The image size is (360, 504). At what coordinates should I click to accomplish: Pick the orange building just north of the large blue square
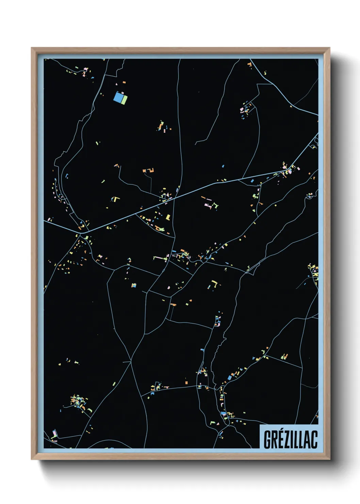coord(124,82)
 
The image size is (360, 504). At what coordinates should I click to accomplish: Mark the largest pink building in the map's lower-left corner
coord(54,434)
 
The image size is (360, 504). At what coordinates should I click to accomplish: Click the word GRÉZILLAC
coord(290,439)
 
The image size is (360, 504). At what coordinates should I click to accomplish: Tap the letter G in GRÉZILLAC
coord(267,440)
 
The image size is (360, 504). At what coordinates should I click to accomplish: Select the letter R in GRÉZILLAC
coord(275,440)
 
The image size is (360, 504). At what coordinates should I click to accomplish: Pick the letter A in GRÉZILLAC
coord(308,440)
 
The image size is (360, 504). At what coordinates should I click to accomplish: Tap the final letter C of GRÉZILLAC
coord(315,440)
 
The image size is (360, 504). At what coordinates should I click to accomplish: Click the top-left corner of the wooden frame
coord(32,48)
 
